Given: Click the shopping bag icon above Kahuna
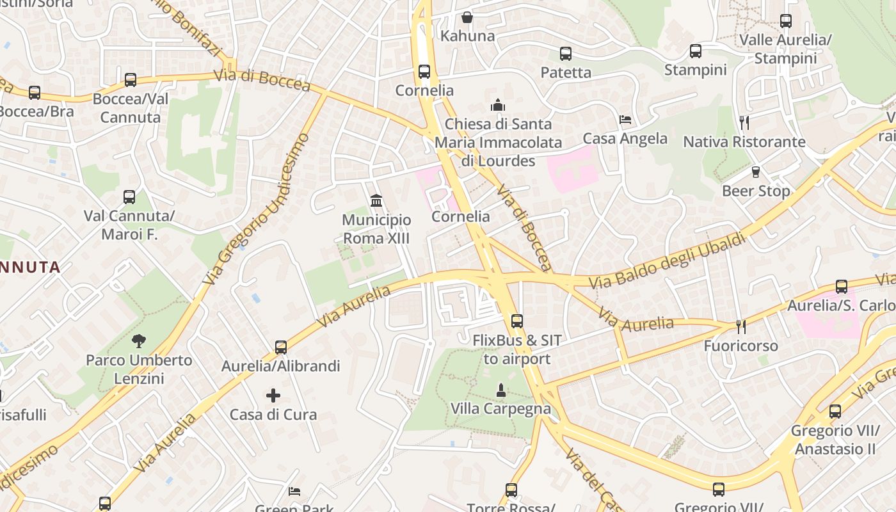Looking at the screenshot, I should click(x=467, y=17).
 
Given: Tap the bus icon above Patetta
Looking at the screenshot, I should click(x=566, y=54).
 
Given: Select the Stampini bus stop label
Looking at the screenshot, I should click(x=695, y=70).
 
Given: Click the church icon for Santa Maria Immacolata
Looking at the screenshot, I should click(x=498, y=105).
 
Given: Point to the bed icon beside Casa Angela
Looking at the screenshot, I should click(x=625, y=120).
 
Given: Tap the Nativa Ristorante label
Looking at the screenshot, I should click(x=744, y=141).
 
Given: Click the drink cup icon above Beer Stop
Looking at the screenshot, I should click(x=756, y=172).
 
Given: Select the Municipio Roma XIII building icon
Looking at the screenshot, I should click(x=376, y=201).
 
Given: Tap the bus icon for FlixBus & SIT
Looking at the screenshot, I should click(x=516, y=321).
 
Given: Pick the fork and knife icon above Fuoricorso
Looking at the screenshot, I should click(x=741, y=327).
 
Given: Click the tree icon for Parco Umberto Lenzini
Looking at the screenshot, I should click(x=139, y=341).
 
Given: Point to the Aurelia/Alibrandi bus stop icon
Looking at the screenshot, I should click(x=281, y=348).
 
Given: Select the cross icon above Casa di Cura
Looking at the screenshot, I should click(x=273, y=396).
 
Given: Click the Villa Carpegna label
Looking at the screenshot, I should click(x=500, y=409).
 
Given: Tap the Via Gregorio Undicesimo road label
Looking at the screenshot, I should click(x=256, y=209).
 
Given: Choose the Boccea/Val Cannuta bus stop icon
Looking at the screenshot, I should click(x=131, y=80).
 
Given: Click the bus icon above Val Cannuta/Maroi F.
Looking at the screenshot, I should click(x=129, y=197).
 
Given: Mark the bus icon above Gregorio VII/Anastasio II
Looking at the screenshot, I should click(x=835, y=412).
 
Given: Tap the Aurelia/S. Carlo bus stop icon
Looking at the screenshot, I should click(x=842, y=287).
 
